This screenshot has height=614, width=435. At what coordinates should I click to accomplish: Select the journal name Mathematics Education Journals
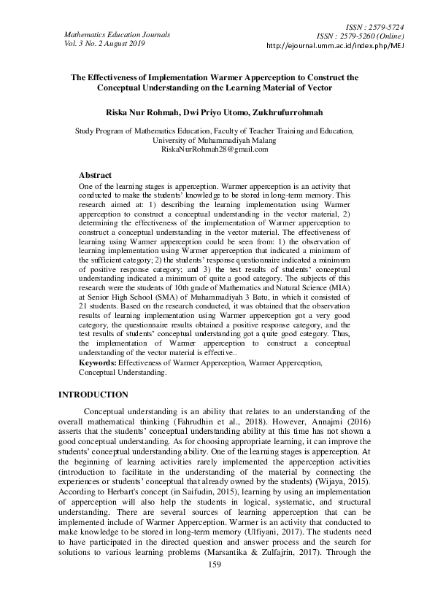[118, 34]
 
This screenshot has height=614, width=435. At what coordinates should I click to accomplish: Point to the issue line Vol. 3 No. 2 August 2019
[105, 43]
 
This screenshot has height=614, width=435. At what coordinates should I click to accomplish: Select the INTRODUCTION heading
[93, 395]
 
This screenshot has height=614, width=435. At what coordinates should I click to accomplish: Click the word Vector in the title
[319, 88]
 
